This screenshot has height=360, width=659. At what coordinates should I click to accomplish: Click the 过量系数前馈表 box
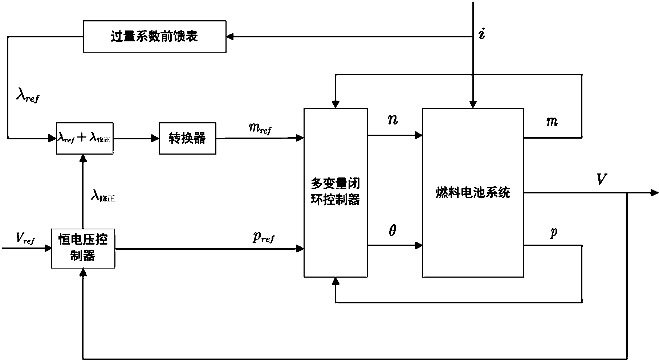[x=155, y=37]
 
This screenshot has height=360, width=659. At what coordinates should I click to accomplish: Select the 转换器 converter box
[x=187, y=138]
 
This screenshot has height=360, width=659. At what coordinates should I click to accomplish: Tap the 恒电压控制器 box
[x=83, y=248]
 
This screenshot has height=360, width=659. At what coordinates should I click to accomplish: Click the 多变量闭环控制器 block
[x=335, y=192]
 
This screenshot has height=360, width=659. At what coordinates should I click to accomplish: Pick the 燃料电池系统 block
[x=473, y=192]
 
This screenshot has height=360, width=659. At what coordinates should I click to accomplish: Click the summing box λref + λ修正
[x=84, y=138]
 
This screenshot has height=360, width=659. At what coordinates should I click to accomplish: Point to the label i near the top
[x=482, y=34]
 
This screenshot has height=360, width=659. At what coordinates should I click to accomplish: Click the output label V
[x=601, y=179]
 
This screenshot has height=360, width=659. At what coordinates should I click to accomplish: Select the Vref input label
[x=25, y=238]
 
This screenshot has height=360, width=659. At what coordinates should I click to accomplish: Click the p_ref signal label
[x=263, y=237]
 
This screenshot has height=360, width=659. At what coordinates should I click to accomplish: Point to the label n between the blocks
[x=392, y=120]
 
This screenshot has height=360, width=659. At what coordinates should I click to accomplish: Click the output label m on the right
[x=552, y=122]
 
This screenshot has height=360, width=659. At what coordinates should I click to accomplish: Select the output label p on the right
[x=553, y=233]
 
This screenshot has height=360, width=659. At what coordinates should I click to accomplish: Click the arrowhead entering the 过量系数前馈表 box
[x=230, y=37]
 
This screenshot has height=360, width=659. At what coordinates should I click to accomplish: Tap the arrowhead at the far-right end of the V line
[x=654, y=193]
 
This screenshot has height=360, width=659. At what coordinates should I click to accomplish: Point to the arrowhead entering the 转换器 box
[x=155, y=138]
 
